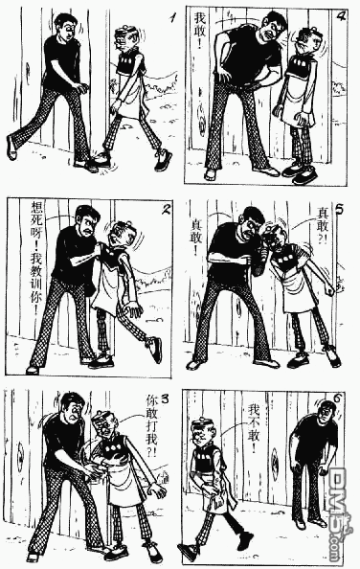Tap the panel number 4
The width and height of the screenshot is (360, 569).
click(x=340, y=15)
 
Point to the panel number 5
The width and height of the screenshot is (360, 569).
click(x=341, y=211)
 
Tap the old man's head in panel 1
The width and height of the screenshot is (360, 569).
click(x=125, y=40)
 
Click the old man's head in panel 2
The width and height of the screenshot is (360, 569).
click(x=119, y=235)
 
